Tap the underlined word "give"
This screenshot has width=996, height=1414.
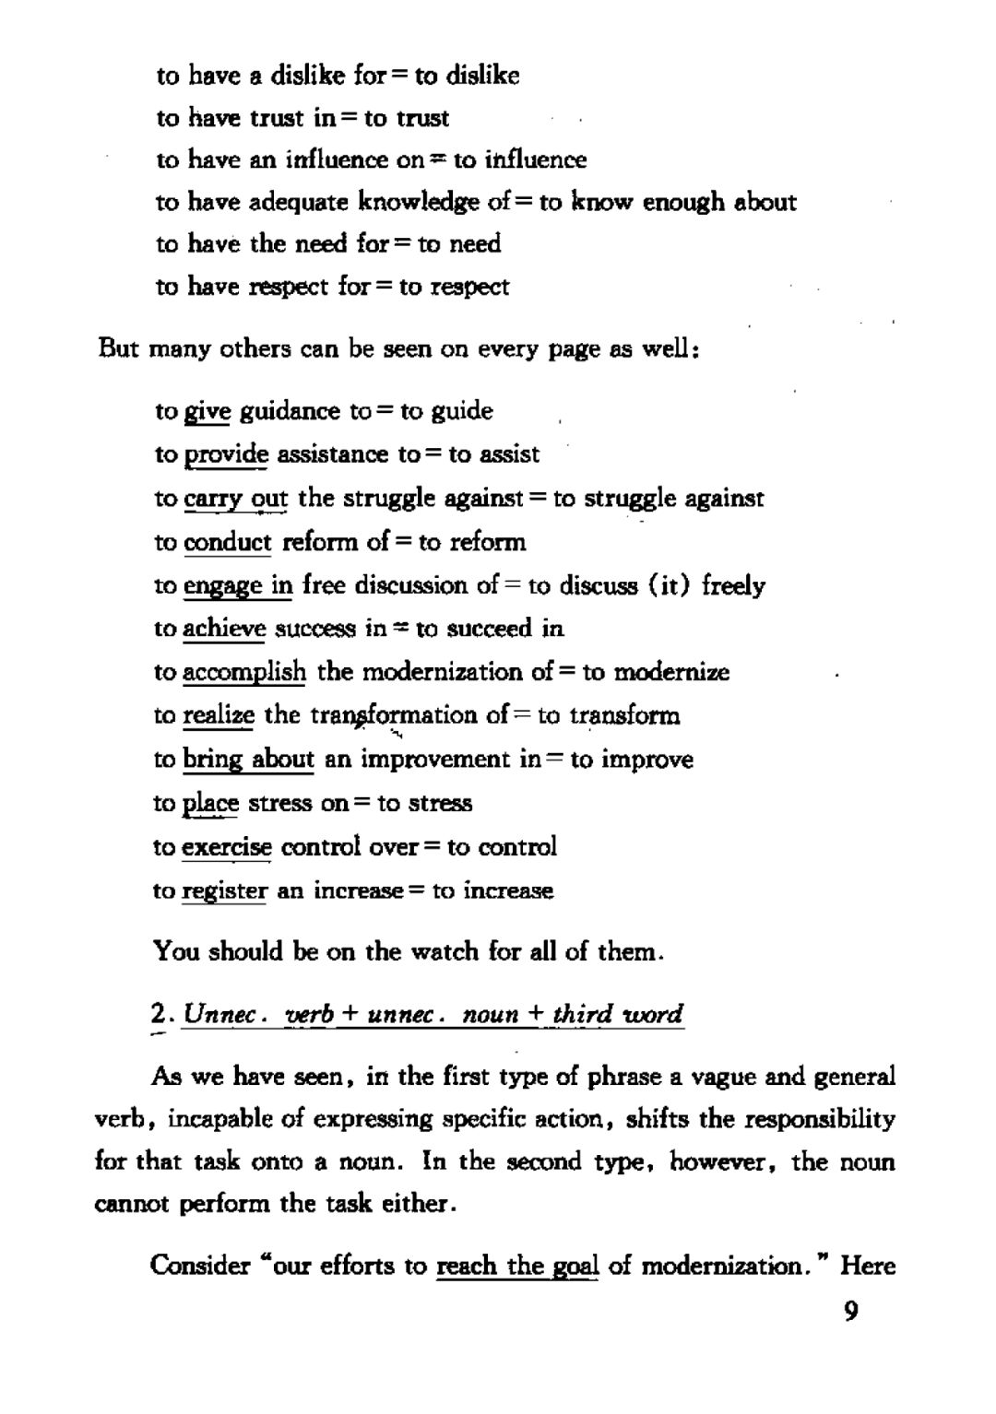pos(207,411)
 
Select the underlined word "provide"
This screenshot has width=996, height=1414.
pos(226,454)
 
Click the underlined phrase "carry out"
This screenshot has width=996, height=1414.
pos(235,499)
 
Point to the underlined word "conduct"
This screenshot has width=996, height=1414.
pos(227,542)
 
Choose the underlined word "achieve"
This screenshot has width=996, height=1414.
pos(224,629)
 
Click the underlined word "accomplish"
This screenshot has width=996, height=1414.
pos(243,672)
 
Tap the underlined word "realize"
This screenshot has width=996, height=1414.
pos(219,715)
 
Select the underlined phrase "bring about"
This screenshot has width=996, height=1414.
pos(248,760)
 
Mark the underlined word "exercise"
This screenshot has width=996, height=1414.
pos(227,846)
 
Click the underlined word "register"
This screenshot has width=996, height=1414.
pos(224,890)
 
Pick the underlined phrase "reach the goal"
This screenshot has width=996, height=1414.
pos(517,1266)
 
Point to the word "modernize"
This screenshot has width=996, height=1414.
pos(671,672)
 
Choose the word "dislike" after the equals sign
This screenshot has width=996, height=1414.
pos(482,76)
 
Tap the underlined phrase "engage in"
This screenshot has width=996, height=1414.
pos(238,585)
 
